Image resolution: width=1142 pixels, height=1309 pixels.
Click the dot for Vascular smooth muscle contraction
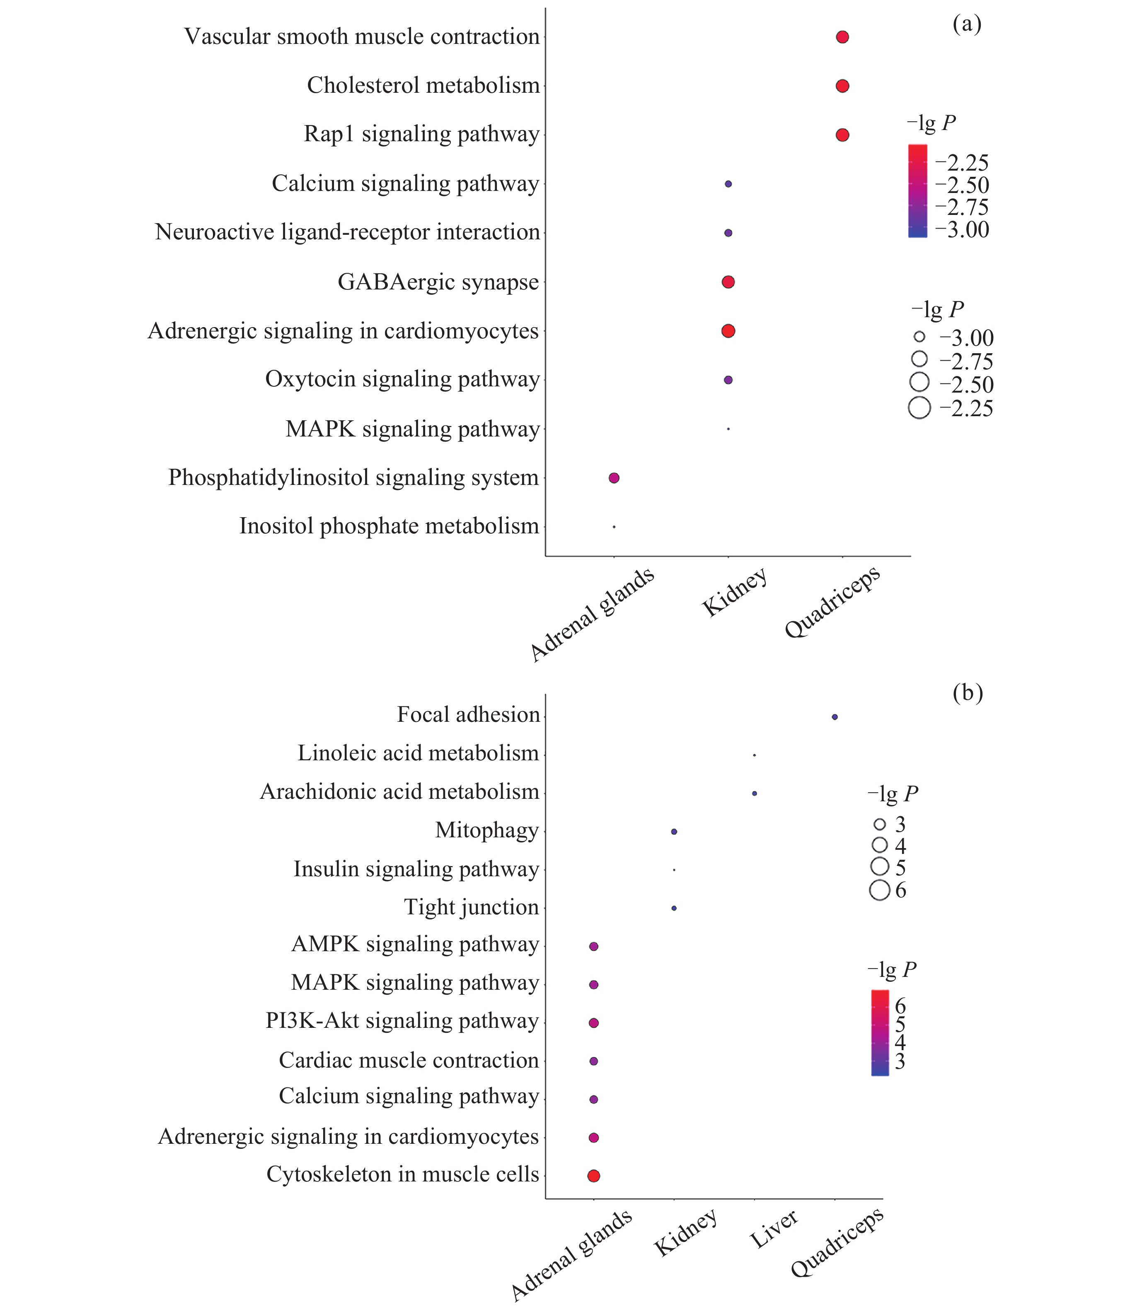pos(842,37)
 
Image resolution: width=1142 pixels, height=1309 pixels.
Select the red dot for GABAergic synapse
pos(728,282)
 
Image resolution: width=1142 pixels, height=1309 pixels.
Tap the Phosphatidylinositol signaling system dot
pos(614,478)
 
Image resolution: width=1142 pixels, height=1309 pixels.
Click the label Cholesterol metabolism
pos(423,85)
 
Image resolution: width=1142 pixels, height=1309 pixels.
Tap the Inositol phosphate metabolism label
pos(389,526)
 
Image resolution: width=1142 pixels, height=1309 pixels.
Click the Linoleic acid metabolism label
pos(418,753)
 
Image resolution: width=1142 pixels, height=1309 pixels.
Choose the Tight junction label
pos(472,907)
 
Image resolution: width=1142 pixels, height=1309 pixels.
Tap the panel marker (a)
pos(967,24)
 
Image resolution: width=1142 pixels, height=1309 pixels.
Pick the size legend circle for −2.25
pos(919,407)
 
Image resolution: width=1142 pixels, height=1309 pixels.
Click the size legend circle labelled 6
pos(879,890)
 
